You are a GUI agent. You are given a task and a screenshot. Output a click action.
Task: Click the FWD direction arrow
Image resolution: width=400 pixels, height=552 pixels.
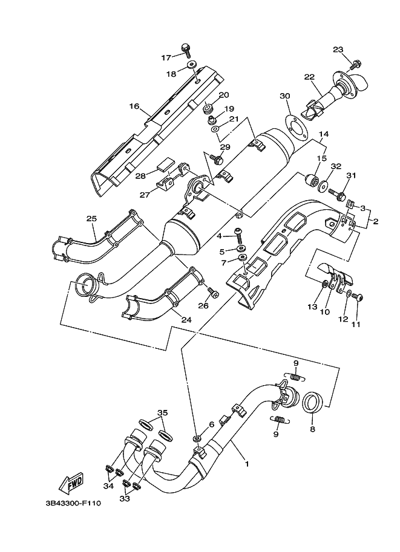[x=71, y=483]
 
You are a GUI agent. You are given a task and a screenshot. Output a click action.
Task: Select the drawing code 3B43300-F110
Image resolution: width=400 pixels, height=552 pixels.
[x=71, y=503]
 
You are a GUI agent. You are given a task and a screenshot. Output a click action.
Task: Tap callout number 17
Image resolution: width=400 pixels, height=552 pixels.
[x=166, y=57]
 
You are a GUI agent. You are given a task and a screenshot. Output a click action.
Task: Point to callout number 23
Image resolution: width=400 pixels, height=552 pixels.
[x=338, y=49]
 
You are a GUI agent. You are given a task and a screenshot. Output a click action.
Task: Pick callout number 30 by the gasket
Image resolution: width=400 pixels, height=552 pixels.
[x=285, y=96]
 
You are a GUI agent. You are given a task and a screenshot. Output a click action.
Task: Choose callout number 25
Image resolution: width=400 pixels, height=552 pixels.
[x=91, y=218]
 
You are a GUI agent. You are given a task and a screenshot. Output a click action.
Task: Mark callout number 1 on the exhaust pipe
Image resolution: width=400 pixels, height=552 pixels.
[x=246, y=465]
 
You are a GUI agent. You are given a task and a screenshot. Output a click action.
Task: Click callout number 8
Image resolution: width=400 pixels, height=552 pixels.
[x=312, y=429]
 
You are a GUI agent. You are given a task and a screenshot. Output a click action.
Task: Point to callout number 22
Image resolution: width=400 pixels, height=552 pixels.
[x=309, y=77]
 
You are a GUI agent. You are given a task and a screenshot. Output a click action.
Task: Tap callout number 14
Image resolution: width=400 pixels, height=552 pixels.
[x=323, y=134]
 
